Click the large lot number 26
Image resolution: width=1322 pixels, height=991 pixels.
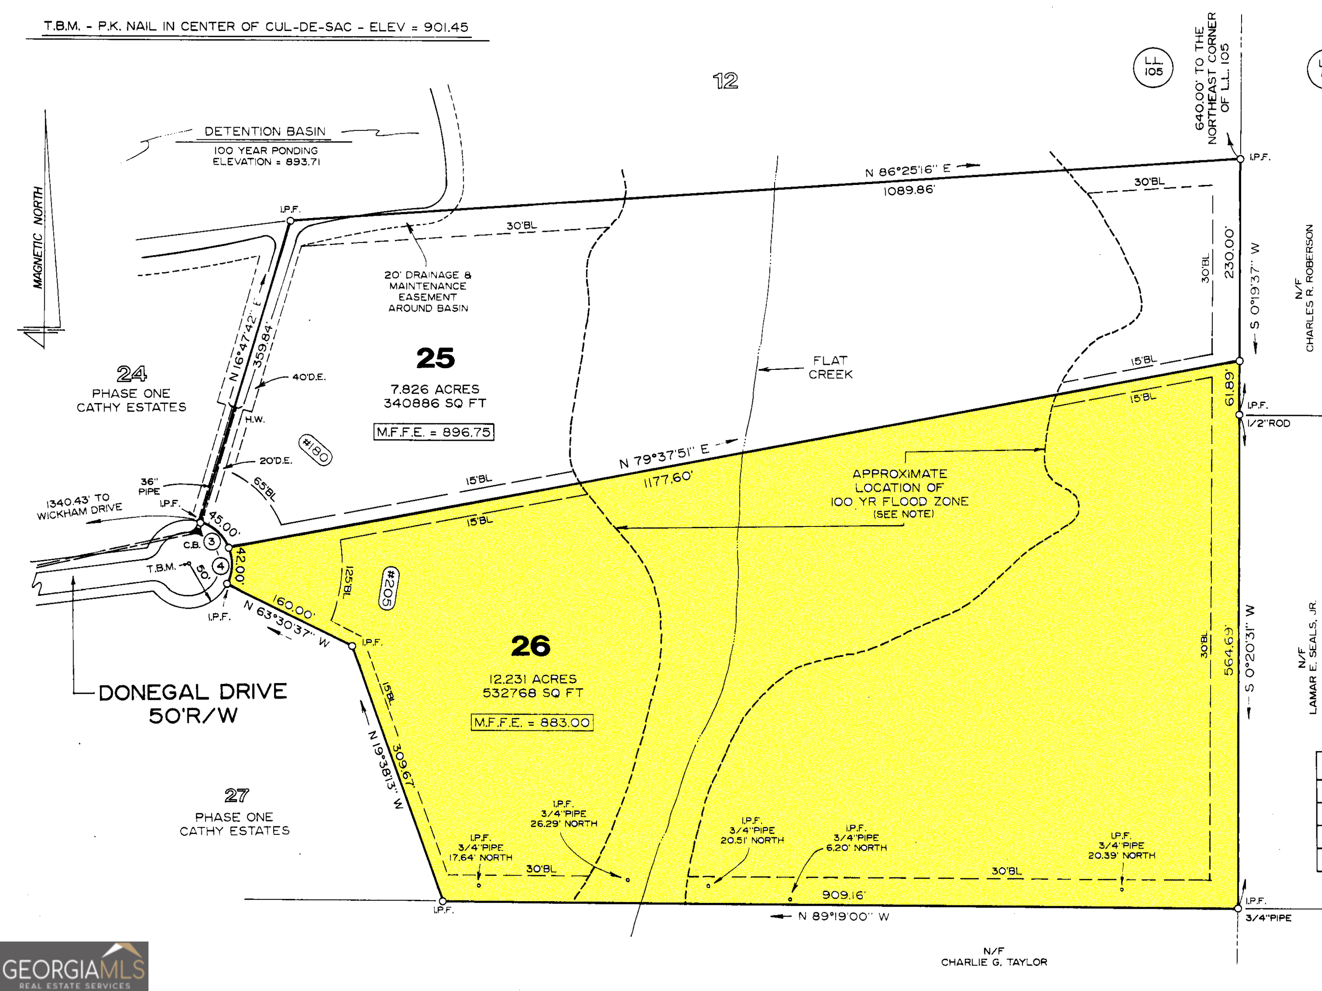pyautogui.click(x=531, y=646)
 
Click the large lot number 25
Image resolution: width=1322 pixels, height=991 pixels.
pyautogui.click(x=435, y=358)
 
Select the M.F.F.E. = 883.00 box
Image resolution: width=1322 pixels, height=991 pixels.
pyautogui.click(x=532, y=722)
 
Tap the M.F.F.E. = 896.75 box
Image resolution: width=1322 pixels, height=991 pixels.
pyautogui.click(x=434, y=432)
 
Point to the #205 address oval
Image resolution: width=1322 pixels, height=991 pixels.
pyautogui.click(x=389, y=588)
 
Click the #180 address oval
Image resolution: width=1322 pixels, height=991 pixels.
pyautogui.click(x=315, y=450)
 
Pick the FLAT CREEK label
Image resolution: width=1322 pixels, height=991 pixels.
pyautogui.click(x=830, y=367)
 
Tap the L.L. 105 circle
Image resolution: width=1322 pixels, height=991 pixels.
pyautogui.click(x=1153, y=66)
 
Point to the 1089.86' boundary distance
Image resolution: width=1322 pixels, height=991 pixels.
pyautogui.click(x=908, y=191)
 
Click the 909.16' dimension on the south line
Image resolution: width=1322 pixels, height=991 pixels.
pyautogui.click(x=843, y=895)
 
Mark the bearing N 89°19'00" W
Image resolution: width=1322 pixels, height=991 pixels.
pyautogui.click(x=843, y=916)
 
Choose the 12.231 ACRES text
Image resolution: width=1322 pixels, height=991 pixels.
pyautogui.click(x=532, y=679)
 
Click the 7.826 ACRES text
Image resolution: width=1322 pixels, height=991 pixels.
pyautogui.click(x=435, y=389)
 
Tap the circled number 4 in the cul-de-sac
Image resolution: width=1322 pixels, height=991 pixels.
pyautogui.click(x=220, y=566)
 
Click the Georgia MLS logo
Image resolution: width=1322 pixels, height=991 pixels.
pyautogui.click(x=74, y=966)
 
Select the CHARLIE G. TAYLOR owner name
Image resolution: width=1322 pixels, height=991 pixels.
pyautogui.click(x=994, y=962)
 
